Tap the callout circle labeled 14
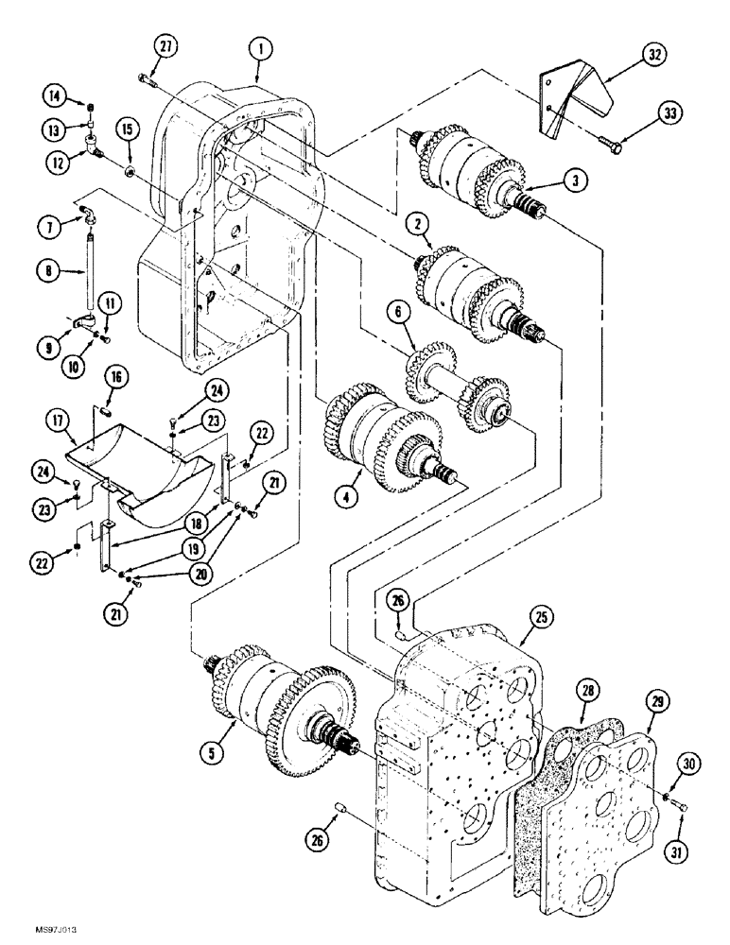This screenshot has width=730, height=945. tap(56, 94)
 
